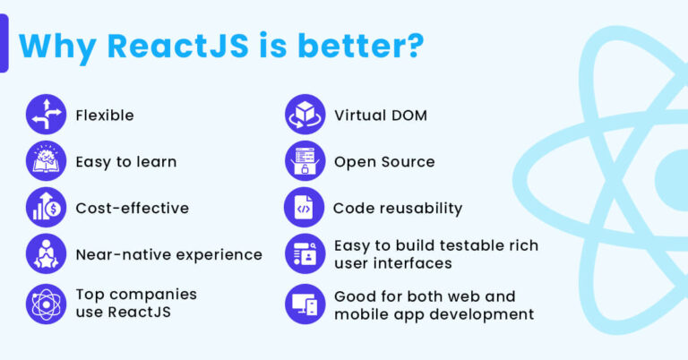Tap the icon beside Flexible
pos(46,115)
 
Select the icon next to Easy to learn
pos(46,161)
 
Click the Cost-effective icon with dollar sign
pos(46,208)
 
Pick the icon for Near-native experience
pos(46,254)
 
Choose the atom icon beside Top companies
pos(46,304)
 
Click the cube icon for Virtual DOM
pos(305,115)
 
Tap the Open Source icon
pos(305,161)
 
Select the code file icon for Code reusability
pos(305,208)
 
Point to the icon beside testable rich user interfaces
pos(305,254)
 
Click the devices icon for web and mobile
pos(305,304)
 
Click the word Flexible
pos(105,116)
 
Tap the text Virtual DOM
pos(381,116)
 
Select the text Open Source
pos(384,162)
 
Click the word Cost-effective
pos(133,209)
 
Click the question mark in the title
pos(413,47)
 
